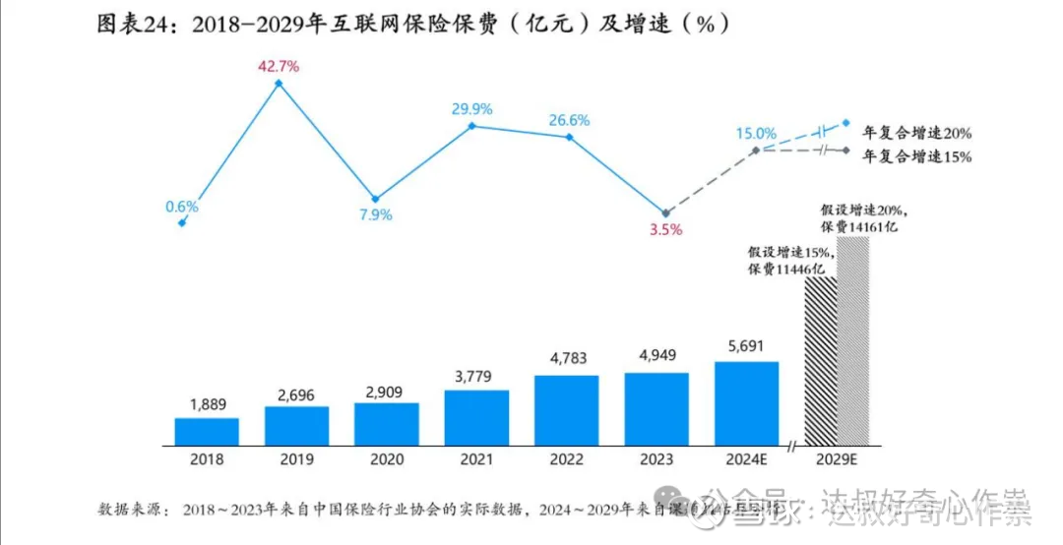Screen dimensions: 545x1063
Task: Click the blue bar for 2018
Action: click(207, 431)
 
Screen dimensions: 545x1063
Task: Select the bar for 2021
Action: click(476, 417)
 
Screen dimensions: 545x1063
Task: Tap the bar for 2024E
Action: click(746, 403)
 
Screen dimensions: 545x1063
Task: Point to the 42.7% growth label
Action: click(279, 67)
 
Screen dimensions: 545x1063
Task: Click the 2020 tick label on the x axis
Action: click(387, 459)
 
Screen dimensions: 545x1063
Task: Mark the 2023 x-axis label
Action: click(657, 459)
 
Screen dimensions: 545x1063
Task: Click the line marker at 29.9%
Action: click(472, 126)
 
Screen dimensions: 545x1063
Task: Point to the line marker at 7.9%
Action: click(375, 199)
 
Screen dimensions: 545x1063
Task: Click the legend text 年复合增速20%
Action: click(916, 133)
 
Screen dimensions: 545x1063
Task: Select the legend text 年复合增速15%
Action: click(916, 156)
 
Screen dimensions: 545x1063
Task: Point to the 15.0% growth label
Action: click(756, 133)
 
